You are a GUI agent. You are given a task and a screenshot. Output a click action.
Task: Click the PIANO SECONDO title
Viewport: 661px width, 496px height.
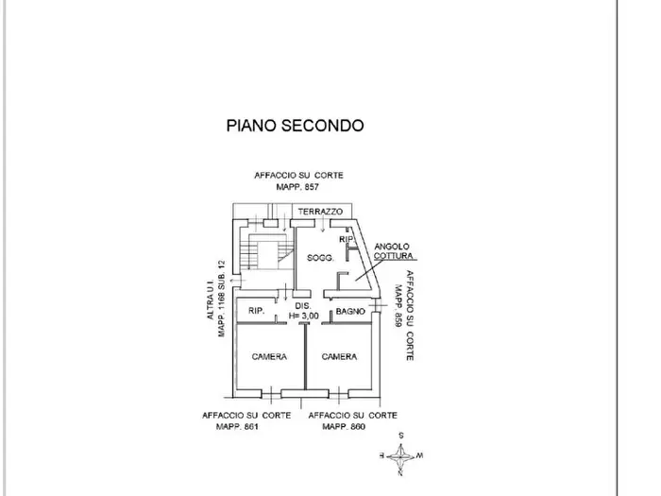click(x=295, y=126)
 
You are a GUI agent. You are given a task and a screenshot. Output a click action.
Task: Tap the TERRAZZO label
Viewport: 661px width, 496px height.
click(x=320, y=212)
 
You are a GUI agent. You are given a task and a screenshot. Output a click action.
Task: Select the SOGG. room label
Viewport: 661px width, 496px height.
click(x=320, y=258)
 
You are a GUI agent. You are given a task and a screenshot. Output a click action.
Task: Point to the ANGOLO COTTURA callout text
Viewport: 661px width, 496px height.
click(x=394, y=251)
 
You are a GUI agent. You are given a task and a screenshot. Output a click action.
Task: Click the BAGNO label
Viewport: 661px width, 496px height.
click(x=350, y=311)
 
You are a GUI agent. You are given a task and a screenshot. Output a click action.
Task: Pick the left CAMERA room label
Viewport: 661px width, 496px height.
click(x=269, y=357)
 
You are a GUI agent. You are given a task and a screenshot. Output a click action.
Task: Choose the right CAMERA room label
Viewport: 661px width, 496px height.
click(x=339, y=357)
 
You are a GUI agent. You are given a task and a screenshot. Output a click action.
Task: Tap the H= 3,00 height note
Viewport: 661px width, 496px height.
click(x=303, y=316)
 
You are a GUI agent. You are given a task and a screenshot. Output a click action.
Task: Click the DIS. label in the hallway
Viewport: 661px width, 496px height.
click(x=303, y=306)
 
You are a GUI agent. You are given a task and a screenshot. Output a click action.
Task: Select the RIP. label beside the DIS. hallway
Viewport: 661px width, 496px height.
click(x=256, y=311)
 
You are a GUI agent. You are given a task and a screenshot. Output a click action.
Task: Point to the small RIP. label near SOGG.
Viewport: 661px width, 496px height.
click(x=347, y=239)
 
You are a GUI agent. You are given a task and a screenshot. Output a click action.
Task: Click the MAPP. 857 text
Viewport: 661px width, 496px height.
click(x=297, y=187)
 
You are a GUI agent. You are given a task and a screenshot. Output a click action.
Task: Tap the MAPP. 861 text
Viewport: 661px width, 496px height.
click(x=237, y=426)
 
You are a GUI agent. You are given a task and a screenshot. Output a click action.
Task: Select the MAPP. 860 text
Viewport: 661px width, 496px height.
click(x=344, y=426)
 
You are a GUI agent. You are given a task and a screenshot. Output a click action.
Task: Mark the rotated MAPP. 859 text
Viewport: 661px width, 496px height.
click(x=398, y=306)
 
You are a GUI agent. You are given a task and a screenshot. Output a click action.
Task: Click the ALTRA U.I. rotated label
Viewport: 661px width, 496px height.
click(x=211, y=300)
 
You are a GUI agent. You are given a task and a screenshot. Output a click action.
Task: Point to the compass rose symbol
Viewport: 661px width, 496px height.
click(x=400, y=456)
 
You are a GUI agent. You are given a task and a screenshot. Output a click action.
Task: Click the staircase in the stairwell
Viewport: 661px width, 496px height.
click(x=266, y=250)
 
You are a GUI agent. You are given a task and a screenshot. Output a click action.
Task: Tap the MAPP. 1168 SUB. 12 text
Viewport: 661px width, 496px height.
click(x=221, y=299)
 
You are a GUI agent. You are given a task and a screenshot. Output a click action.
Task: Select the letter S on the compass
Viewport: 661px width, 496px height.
click(x=401, y=436)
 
